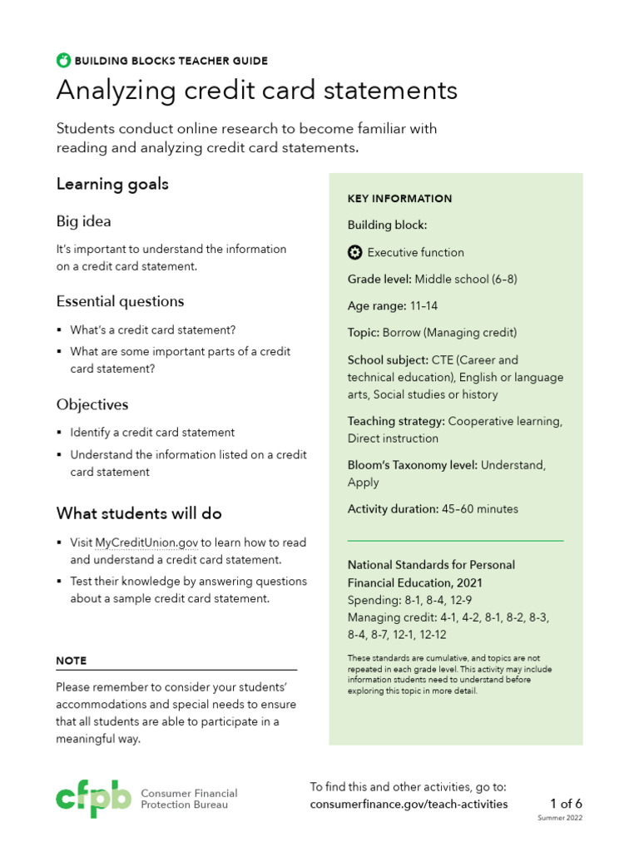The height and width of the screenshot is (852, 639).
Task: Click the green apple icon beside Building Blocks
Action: (x=63, y=60)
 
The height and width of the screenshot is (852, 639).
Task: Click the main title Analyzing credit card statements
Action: (x=256, y=91)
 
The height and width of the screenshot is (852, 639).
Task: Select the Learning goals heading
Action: (x=112, y=184)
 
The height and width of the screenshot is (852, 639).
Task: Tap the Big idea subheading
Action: (x=83, y=221)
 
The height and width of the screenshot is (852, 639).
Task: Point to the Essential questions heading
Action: (x=120, y=301)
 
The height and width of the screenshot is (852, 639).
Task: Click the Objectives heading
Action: (x=92, y=405)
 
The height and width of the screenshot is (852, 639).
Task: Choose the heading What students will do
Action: (x=139, y=513)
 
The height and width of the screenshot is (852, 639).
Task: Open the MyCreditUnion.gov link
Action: (x=146, y=542)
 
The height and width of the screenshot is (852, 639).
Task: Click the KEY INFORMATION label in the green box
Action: (x=399, y=199)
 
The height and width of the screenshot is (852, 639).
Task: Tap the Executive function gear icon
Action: (x=354, y=252)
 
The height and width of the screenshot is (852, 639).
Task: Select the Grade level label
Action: (x=379, y=280)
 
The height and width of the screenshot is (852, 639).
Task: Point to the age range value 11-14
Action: (x=424, y=306)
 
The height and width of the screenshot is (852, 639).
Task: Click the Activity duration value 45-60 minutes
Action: (x=479, y=509)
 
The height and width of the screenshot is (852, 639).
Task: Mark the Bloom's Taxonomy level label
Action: (x=412, y=466)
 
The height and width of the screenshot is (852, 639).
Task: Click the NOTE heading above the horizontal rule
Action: (x=71, y=661)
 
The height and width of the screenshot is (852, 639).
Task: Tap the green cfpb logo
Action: (x=93, y=798)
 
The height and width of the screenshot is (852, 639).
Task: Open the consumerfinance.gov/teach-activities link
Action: (x=409, y=805)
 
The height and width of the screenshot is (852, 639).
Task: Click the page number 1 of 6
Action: (x=566, y=804)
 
